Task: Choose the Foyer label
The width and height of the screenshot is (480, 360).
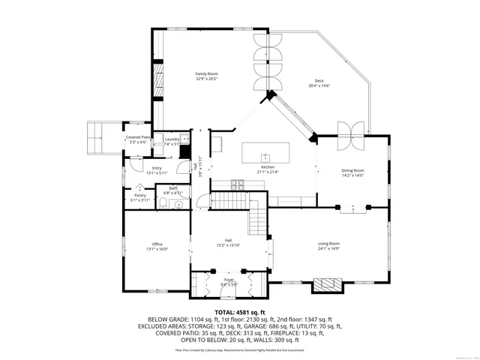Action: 229,279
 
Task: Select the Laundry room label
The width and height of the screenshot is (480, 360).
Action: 172,139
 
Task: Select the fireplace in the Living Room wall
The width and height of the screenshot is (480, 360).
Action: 327,285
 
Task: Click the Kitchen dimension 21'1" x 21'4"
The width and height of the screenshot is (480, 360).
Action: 268,172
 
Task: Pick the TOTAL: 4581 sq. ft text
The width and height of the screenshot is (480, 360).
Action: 240,311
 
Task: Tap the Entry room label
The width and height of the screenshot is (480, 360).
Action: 157,168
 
